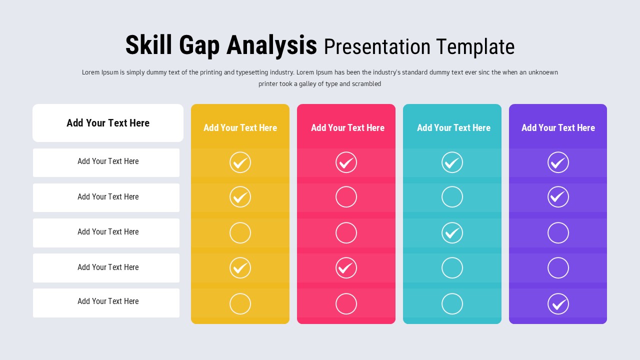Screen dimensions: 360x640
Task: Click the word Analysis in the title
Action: coord(271,45)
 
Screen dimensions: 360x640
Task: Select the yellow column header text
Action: coord(240,128)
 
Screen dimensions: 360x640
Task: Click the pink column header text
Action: coord(347,128)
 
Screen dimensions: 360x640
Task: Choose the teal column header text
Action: coord(453,128)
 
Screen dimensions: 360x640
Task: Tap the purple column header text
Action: coord(558,128)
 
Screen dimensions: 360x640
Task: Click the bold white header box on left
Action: coord(108,123)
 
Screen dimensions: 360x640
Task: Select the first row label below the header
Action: coord(108,161)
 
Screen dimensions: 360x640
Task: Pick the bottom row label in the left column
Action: coord(108,301)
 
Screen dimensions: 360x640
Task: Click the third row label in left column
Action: coord(108,232)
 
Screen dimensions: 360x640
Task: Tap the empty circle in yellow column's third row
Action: coord(240,233)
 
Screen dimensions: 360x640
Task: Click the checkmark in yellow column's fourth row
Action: coord(240,268)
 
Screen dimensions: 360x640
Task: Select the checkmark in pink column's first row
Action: coord(346,162)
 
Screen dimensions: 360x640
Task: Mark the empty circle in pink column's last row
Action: coord(346,303)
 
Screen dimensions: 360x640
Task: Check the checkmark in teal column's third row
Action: coord(452,233)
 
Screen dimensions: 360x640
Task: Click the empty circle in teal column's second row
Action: coord(452,197)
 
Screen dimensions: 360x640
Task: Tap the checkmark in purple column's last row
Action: coord(558,303)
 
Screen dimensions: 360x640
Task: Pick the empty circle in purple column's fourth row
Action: coord(558,268)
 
